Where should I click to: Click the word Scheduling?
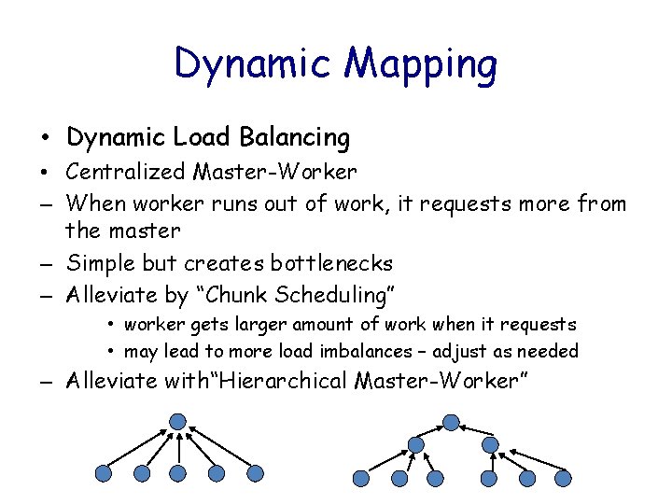point(319,295)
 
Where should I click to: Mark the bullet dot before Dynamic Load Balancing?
point(45,139)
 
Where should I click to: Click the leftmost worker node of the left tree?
point(104,474)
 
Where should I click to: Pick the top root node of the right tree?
point(451,422)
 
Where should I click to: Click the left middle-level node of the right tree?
point(413,444)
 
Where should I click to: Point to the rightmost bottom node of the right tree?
point(562,478)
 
